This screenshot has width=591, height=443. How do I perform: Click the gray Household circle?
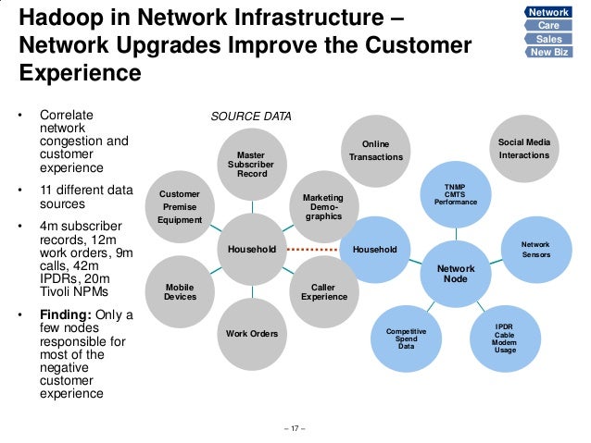tap(251, 249)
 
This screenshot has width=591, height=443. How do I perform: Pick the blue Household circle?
tap(374, 249)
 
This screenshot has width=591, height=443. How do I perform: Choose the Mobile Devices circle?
tap(180, 291)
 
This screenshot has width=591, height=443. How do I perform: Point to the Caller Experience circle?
tap(323, 291)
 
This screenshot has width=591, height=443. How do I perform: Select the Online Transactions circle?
tap(375, 151)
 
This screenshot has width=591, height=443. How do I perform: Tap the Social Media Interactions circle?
tap(523, 149)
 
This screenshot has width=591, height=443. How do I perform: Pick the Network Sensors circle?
tap(535, 249)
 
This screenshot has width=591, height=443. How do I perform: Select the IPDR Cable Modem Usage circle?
tap(505, 338)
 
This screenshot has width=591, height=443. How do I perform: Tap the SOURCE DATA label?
tap(251, 117)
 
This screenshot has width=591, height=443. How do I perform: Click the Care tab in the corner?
tap(549, 25)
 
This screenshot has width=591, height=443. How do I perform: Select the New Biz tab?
tap(549, 53)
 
